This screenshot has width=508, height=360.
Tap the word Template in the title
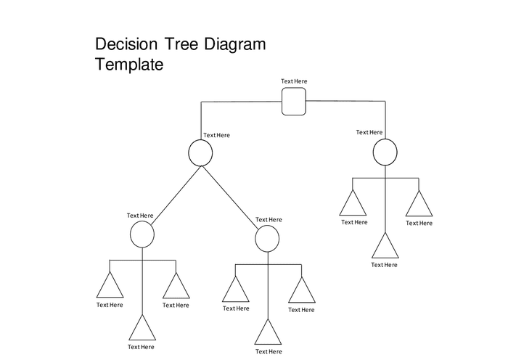click(x=129, y=65)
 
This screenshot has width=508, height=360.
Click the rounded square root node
click(x=294, y=101)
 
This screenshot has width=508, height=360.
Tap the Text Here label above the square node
click(x=294, y=81)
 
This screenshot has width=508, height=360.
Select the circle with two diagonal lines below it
click(x=201, y=152)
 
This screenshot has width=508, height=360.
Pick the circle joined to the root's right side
click(x=385, y=152)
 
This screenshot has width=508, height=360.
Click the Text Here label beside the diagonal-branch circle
click(x=216, y=135)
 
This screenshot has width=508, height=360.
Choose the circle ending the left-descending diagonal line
click(x=142, y=234)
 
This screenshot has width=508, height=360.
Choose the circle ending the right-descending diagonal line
click(x=268, y=238)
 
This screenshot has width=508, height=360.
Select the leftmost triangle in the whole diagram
click(x=110, y=287)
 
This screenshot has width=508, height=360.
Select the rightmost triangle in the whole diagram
click(x=419, y=205)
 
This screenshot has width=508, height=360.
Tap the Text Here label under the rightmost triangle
click(x=419, y=224)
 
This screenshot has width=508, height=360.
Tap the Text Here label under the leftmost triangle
click(x=110, y=306)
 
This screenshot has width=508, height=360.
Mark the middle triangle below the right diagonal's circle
click(x=268, y=333)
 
